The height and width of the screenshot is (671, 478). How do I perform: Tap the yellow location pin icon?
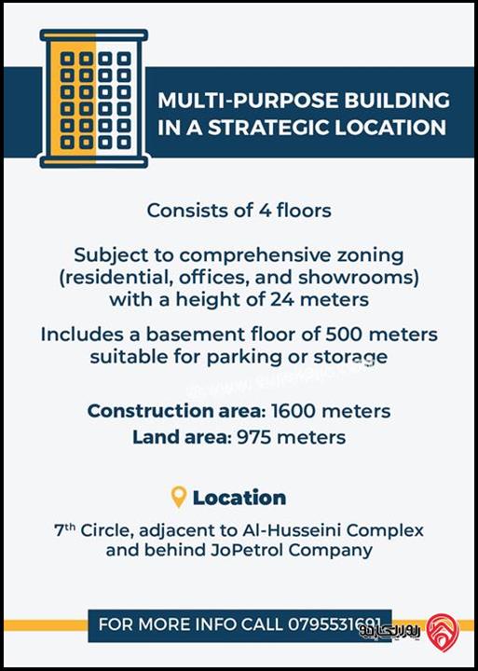179,497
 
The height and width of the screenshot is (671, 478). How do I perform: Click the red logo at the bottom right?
442,632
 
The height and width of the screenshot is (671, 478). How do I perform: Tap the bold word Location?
239,497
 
